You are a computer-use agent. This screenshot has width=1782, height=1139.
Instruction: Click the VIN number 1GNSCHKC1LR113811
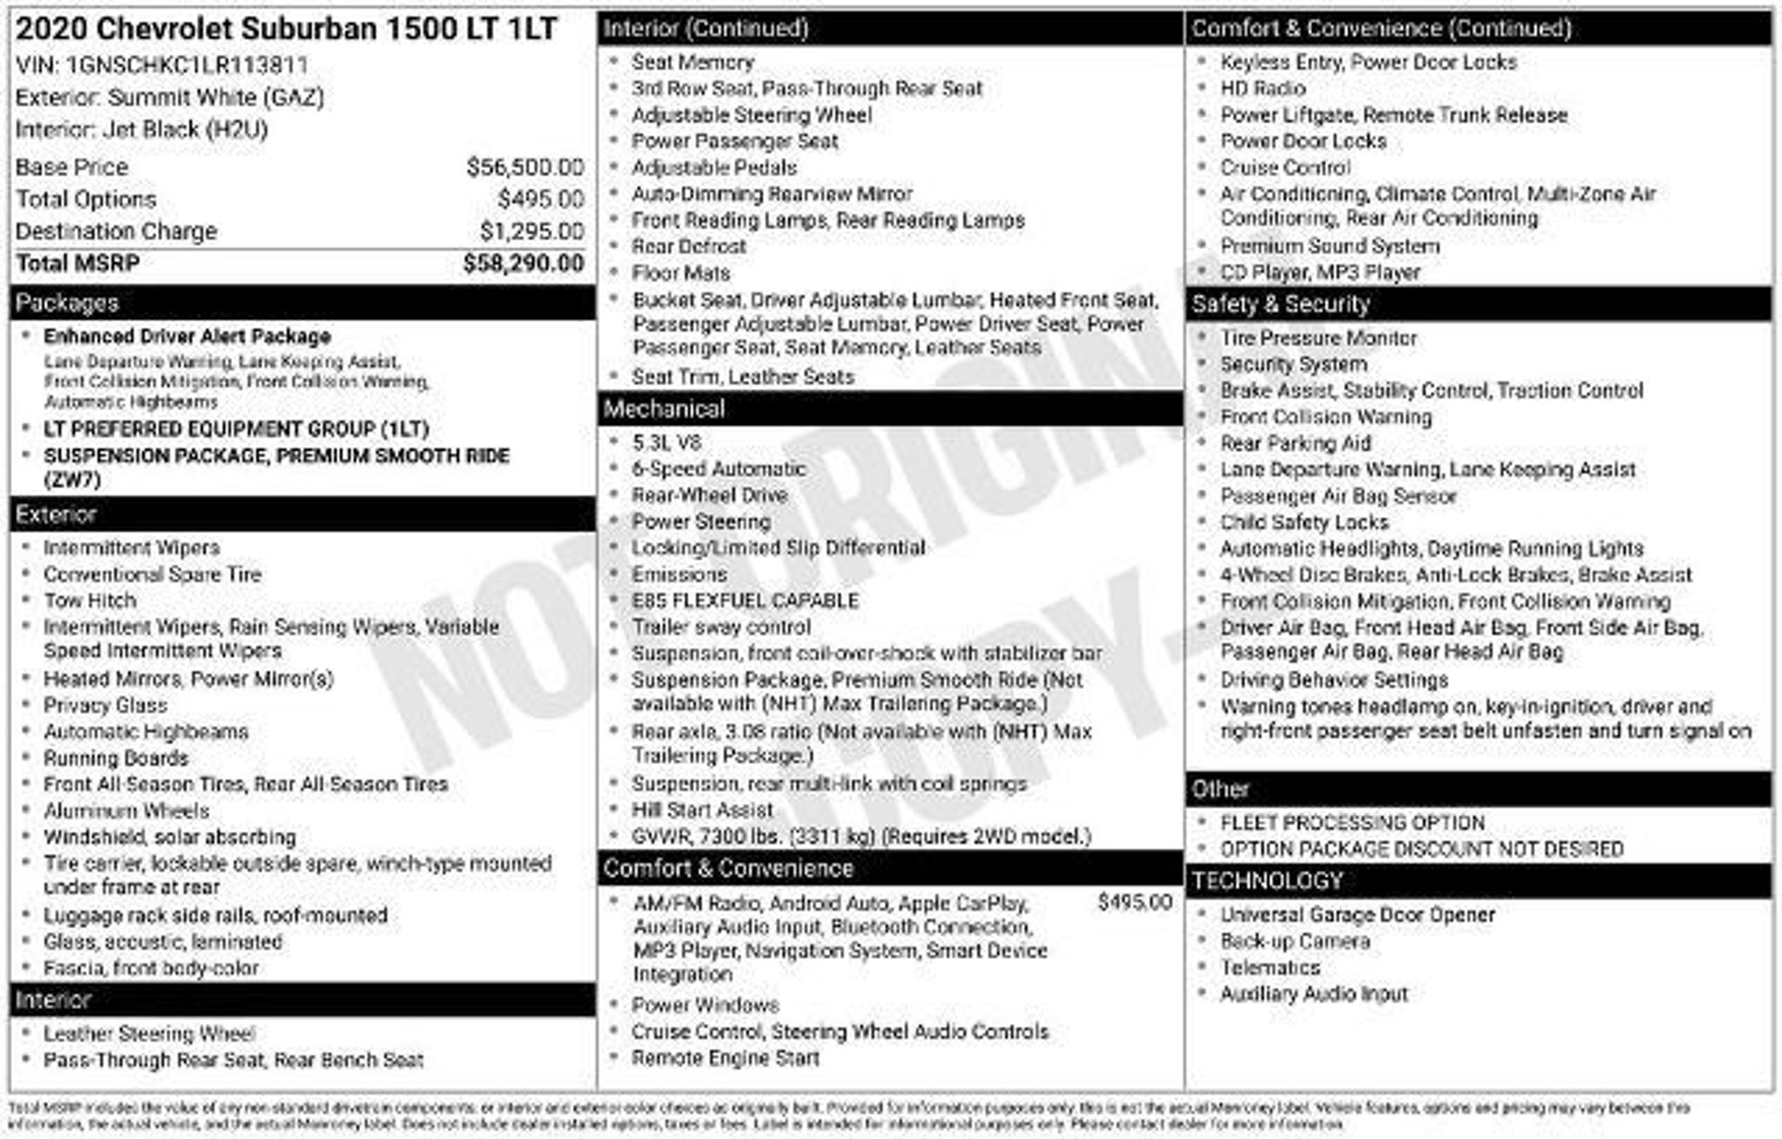[187, 65]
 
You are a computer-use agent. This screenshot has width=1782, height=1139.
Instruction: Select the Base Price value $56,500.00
[525, 167]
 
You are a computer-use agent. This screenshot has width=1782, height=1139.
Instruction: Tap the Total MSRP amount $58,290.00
[523, 264]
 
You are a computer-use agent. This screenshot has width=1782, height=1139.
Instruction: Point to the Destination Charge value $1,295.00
[532, 231]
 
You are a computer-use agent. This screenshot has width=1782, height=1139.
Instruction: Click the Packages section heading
[67, 303]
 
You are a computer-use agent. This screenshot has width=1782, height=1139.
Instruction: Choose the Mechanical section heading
[664, 409]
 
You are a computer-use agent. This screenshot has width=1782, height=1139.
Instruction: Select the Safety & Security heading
[1280, 304]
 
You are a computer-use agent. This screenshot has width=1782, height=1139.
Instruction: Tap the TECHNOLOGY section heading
[1267, 881]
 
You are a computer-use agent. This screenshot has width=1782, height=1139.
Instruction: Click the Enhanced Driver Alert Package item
[187, 337]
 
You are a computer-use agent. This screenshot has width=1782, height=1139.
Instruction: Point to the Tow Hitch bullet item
[90, 600]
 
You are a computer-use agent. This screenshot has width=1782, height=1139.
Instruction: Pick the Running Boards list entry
[116, 758]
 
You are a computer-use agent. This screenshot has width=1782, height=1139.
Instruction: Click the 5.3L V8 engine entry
[667, 442]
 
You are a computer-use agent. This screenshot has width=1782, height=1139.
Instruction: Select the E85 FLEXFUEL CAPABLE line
[745, 600]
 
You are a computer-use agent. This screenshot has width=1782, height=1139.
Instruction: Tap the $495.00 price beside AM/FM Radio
[1135, 902]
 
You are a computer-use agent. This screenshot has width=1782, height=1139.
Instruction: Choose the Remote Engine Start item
[726, 1058]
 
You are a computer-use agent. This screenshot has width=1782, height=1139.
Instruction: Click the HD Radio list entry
[1263, 89]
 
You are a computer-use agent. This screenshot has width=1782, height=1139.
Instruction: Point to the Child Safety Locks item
[1304, 522]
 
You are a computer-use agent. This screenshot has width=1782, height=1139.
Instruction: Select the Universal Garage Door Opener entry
[1357, 915]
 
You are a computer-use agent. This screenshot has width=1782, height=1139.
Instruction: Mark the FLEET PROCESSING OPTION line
[1352, 822]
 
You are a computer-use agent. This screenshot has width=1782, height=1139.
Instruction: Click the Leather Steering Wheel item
[150, 1034]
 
